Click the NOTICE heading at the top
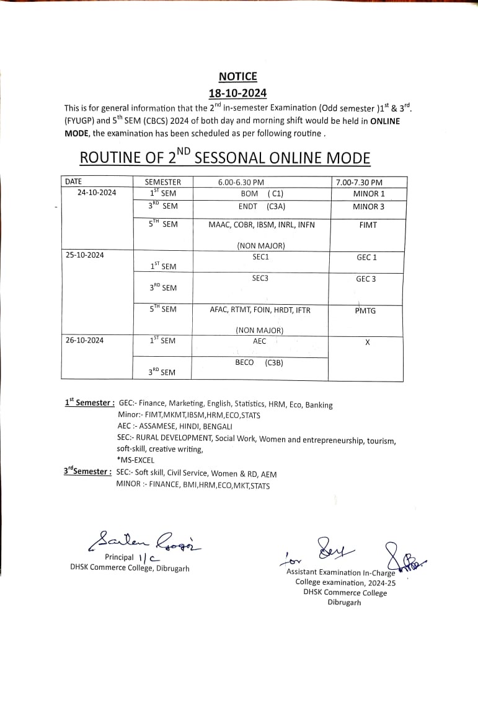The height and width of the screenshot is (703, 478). pyautogui.click(x=237, y=77)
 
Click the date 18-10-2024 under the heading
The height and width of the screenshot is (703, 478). pyautogui.click(x=237, y=93)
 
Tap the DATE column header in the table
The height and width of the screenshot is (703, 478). pyautogui.click(x=73, y=181)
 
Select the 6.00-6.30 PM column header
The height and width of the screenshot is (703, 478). pyautogui.click(x=241, y=182)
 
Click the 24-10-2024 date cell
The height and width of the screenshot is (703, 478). pyautogui.click(x=97, y=193)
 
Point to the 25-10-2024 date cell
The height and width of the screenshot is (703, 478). pyautogui.click(x=84, y=255)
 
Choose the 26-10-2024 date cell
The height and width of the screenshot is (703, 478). pyautogui.click(x=84, y=339)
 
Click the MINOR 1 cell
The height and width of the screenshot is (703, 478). pyautogui.click(x=368, y=194)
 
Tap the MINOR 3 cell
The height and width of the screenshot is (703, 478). pyautogui.click(x=368, y=207)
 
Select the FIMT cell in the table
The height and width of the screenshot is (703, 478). pyautogui.click(x=368, y=225)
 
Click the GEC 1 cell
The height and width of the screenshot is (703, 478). pyautogui.click(x=366, y=257)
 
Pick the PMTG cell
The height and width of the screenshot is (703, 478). pyautogui.click(x=365, y=310)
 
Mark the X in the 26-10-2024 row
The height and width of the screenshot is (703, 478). pyautogui.click(x=367, y=342)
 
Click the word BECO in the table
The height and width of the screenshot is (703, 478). pyautogui.click(x=244, y=362)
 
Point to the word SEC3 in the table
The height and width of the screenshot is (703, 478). pyautogui.click(x=260, y=278)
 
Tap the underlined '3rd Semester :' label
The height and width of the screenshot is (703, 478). pyautogui.click(x=87, y=471)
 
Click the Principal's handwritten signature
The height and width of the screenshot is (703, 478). pyautogui.click(x=145, y=541)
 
